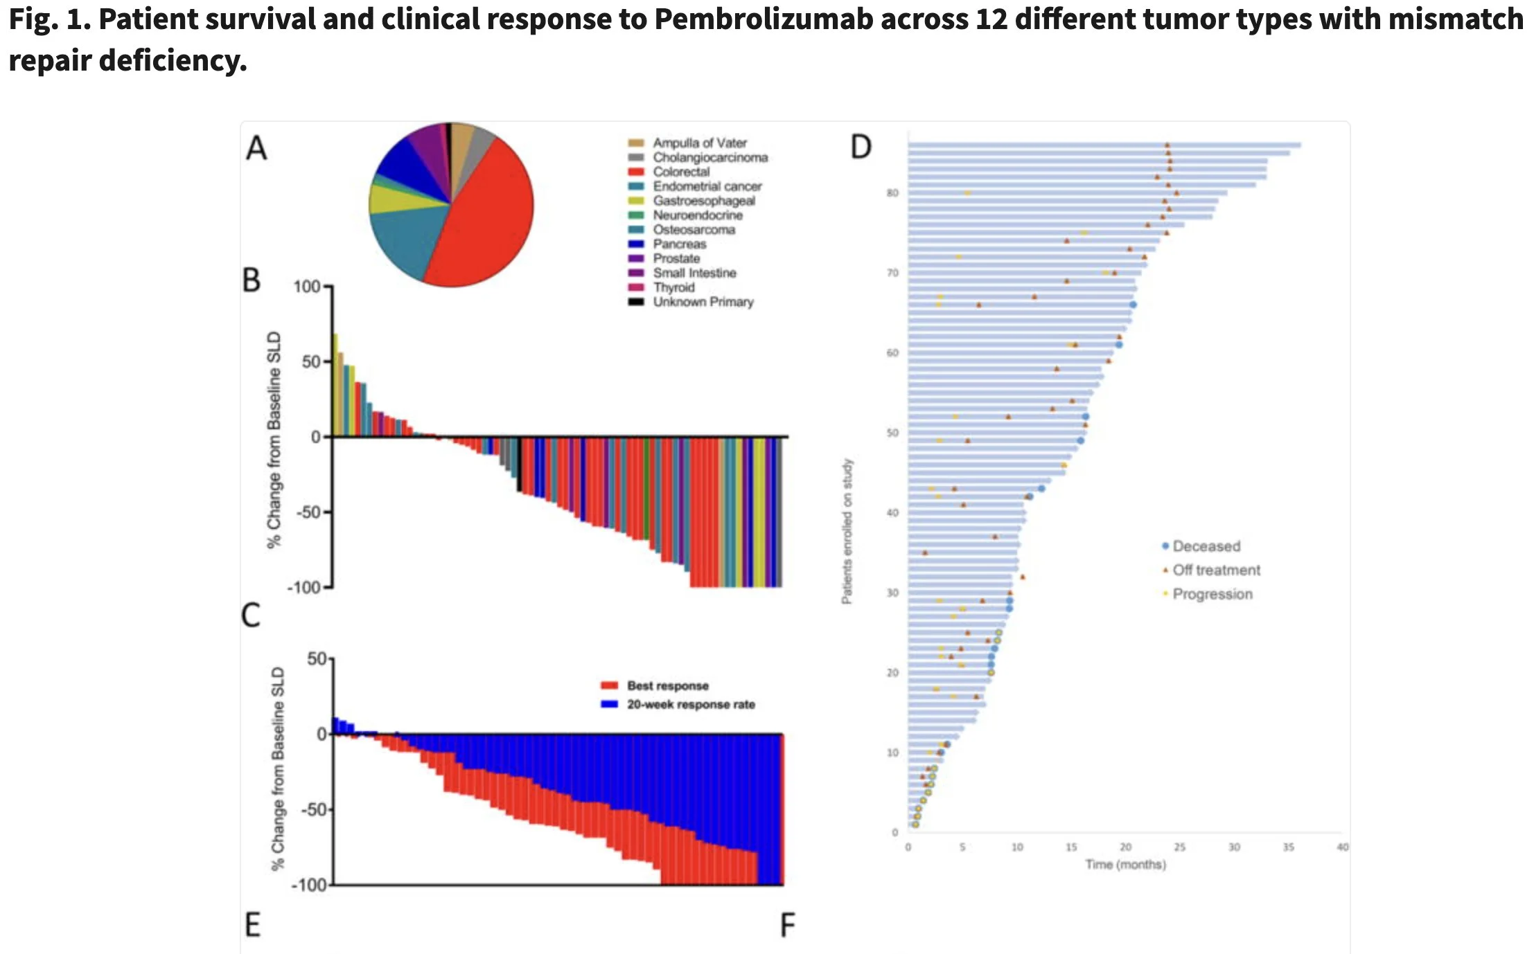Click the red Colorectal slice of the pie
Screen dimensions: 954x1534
pyautogui.click(x=485, y=222)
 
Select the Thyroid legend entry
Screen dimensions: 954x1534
pyautogui.click(x=673, y=287)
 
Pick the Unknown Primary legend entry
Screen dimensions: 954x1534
pyautogui.click(x=703, y=302)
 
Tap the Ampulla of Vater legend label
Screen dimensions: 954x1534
pyautogui.click(x=699, y=143)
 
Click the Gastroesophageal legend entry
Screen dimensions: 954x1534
pyautogui.click(x=703, y=201)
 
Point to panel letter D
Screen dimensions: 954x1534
pyautogui.click(x=861, y=147)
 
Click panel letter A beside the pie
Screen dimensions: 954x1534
pyautogui.click(x=256, y=148)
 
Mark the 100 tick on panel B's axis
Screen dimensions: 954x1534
pyautogui.click(x=307, y=287)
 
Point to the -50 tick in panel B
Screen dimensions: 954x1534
pyautogui.click(x=308, y=512)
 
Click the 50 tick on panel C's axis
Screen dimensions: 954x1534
pyautogui.click(x=317, y=658)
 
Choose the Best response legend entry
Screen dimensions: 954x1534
pyautogui.click(x=667, y=685)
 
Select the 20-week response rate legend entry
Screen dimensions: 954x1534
pyautogui.click(x=690, y=704)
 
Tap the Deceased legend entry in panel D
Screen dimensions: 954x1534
pyautogui.click(x=1206, y=546)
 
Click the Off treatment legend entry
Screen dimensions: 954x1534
pyautogui.click(x=1216, y=570)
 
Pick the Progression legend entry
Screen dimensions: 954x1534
pyautogui.click(x=1212, y=594)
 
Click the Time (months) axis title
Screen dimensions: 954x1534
pyautogui.click(x=1125, y=864)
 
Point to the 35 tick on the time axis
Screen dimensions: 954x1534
pyautogui.click(x=1288, y=847)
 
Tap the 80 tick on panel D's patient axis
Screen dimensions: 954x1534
pyautogui.click(x=892, y=192)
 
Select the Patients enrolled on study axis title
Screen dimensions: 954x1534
pyautogui.click(x=847, y=531)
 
